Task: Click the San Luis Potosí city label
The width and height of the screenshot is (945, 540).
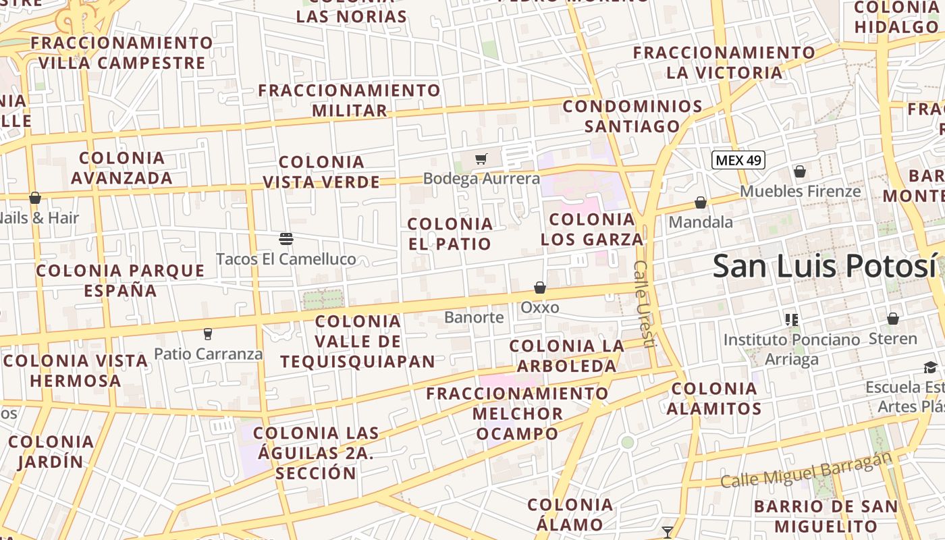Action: (825, 265)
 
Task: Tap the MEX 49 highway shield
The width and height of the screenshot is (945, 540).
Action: (738, 160)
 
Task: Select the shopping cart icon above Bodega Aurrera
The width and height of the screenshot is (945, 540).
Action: (481, 159)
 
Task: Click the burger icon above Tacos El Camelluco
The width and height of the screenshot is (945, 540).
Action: (286, 239)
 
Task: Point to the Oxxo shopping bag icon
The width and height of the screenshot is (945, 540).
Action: (540, 288)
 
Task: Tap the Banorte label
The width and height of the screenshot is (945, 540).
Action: (474, 317)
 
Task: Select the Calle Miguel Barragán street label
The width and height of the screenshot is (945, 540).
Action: (806, 470)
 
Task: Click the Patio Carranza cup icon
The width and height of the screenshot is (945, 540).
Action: (208, 333)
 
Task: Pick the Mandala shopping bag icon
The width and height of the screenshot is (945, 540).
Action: (701, 202)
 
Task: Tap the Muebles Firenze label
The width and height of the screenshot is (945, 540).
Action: (801, 191)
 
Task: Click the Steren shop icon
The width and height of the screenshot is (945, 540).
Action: (893, 319)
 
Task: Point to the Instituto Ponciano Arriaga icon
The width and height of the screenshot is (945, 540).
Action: (792, 319)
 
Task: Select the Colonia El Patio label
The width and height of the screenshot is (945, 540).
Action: (450, 234)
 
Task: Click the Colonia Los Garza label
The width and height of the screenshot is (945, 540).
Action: (592, 230)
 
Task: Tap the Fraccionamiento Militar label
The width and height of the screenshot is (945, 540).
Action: (349, 100)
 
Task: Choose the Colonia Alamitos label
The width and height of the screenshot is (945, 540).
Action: (714, 398)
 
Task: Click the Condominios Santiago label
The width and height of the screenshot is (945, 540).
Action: (632, 116)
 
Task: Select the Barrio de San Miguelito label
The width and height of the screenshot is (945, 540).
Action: (826, 516)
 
